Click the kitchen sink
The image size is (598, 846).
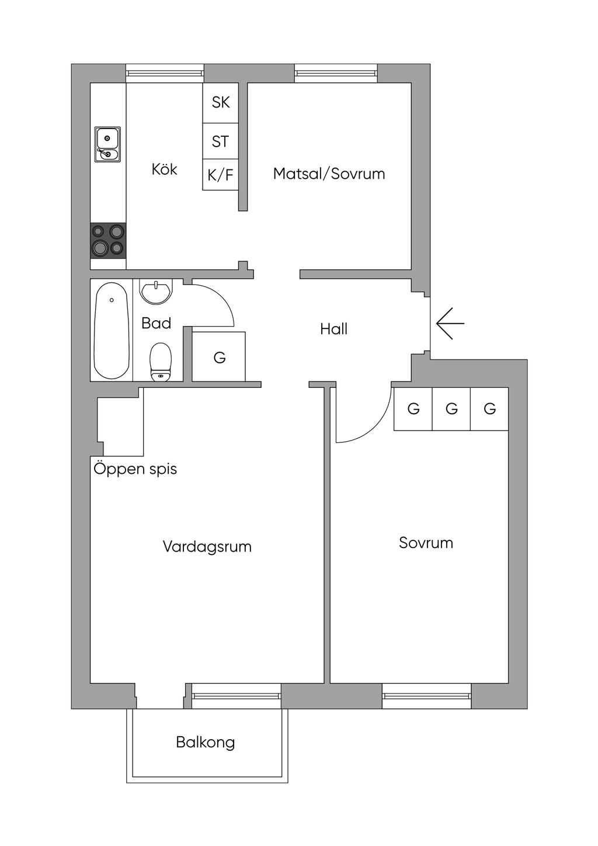(107, 144)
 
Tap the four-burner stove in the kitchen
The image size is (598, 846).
(108, 240)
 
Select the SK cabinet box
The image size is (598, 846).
(221, 103)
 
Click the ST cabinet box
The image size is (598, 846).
(221, 141)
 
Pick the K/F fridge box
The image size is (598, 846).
(221, 175)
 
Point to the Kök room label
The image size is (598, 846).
(164, 169)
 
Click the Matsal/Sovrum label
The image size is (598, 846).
(329, 174)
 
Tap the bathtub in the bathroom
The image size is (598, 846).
(112, 330)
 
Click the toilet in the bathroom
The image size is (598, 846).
(160, 362)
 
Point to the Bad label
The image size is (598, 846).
(156, 323)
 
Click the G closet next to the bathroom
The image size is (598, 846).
(219, 357)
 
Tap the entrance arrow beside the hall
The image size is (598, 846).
(450, 323)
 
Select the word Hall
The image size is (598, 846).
(333, 330)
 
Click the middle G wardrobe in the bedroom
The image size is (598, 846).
(451, 409)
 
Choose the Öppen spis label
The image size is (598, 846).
(135, 469)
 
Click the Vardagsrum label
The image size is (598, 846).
(207, 547)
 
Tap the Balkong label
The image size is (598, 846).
(206, 743)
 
